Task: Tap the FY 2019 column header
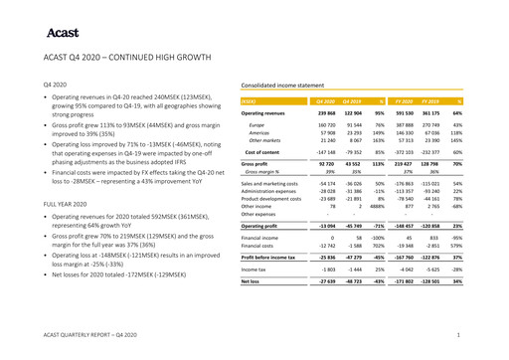[x=428, y=101]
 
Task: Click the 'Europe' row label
[x=256, y=124]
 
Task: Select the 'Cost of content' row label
[x=263, y=151]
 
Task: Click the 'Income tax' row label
[x=255, y=269]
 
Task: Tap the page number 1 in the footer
[x=456, y=337]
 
